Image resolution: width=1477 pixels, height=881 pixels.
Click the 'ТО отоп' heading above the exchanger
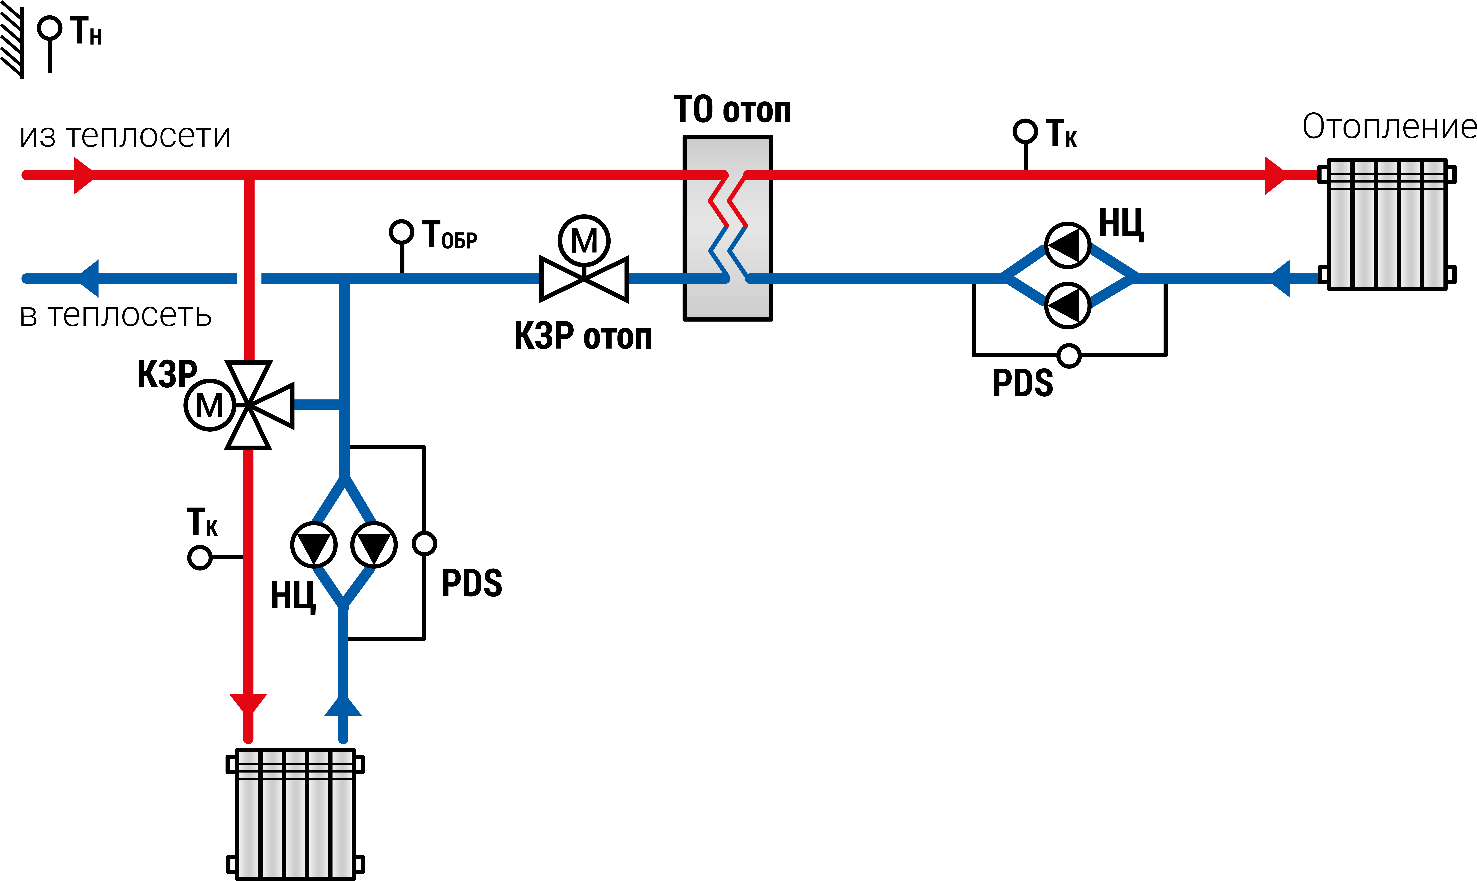pos(732,110)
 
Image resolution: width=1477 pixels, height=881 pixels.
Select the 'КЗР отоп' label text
pos(583,337)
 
